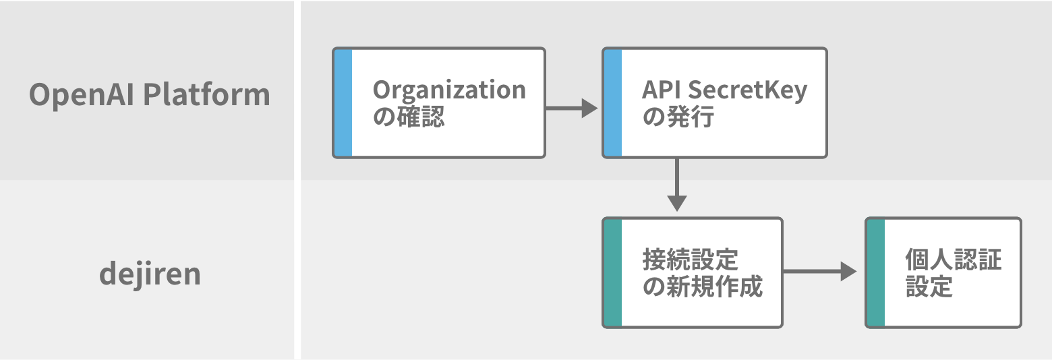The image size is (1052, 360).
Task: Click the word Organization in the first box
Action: [449, 91]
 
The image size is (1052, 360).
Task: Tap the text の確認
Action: [409, 117]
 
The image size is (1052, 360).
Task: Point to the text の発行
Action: [678, 117]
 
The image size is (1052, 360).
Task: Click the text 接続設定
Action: [691, 260]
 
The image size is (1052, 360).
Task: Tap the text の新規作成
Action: [703, 287]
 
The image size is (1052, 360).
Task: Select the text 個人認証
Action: [954, 260]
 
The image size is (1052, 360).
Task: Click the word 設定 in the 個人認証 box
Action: [929, 287]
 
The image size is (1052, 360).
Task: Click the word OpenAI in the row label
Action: [82, 95]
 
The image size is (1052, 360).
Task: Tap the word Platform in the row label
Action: [206, 94]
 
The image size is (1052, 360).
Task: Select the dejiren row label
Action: [150, 274]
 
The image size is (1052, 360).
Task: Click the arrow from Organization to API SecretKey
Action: [572, 108]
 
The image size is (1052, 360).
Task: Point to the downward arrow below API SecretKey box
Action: [677, 185]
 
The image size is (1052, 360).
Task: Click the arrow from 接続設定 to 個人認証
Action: [819, 271]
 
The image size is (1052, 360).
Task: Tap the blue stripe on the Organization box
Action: [343, 102]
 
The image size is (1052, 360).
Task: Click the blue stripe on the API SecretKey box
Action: [613, 102]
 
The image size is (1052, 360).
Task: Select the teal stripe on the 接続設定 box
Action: [613, 273]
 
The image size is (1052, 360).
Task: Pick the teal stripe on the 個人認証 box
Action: [876, 273]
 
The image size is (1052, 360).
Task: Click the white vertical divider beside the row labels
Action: [297, 180]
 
